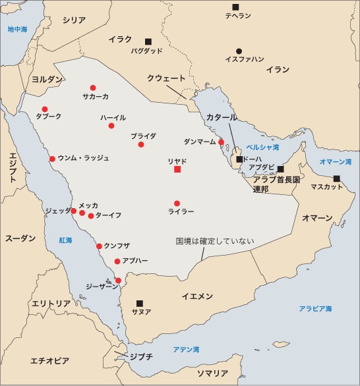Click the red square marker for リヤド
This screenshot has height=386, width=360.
177,169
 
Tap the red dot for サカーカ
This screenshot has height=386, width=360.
92,88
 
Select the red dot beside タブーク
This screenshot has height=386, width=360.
45,109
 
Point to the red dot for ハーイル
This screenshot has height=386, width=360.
111,126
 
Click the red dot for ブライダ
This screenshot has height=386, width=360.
141,144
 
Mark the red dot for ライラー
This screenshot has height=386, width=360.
177,204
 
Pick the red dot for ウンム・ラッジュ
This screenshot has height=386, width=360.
52,159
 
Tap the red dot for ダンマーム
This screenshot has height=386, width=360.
222,142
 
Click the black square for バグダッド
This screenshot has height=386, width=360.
148,41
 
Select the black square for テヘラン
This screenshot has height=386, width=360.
235,7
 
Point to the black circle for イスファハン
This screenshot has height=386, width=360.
239,51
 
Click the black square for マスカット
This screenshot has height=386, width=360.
337,179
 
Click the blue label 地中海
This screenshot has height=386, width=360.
18,30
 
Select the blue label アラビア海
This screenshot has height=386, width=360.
315,308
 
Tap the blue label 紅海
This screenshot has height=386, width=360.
65,240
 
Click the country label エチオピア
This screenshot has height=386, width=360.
50,360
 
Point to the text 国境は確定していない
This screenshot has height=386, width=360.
215,240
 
